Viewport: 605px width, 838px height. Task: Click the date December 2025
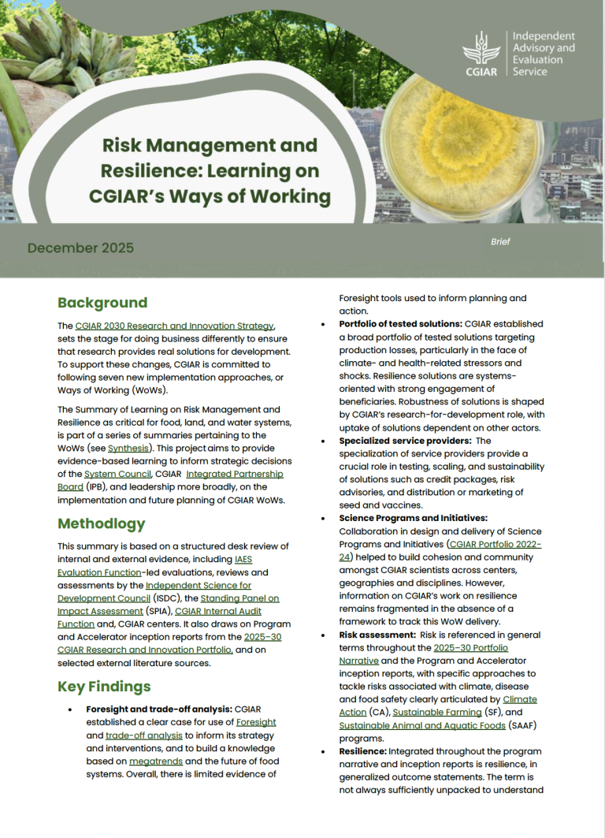pyautogui.click(x=80, y=248)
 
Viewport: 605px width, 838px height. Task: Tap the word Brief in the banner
pyautogui.click(x=500, y=242)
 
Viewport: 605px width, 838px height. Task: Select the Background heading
pyautogui.click(x=102, y=303)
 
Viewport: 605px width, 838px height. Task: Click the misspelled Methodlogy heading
pyautogui.click(x=102, y=523)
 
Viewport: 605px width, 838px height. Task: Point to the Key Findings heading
pyautogui.click(x=104, y=686)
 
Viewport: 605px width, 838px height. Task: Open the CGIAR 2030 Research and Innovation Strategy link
pyautogui.click(x=175, y=326)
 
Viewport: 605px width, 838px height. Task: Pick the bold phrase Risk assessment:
pyautogui.click(x=372, y=635)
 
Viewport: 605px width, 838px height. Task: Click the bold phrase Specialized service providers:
pyautogui.click(x=403, y=441)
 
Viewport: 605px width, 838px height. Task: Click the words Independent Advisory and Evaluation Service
pyautogui.click(x=544, y=54)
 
